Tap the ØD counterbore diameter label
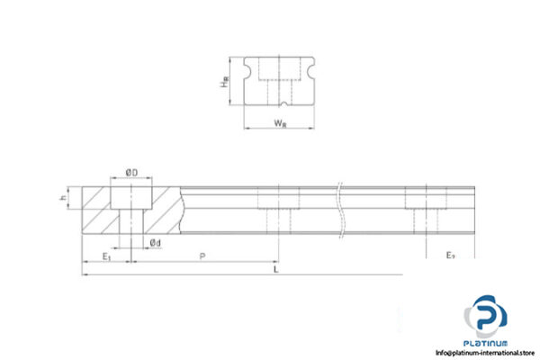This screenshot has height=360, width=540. (x=130, y=172)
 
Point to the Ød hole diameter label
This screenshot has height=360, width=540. (x=155, y=242)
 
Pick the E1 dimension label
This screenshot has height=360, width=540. (x=105, y=256)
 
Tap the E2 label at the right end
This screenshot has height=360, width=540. (x=450, y=256)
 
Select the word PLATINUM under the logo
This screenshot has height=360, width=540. (x=486, y=343)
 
